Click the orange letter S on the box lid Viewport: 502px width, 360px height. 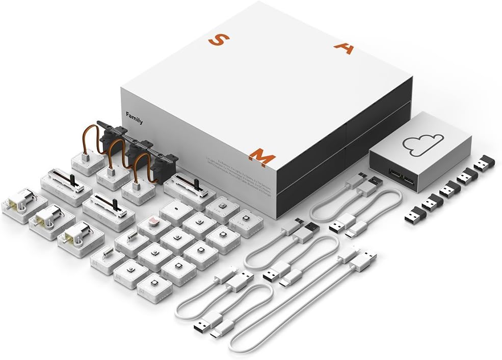(216, 40)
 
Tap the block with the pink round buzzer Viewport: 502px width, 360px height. (153, 221)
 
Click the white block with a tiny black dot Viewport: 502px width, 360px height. (176, 209)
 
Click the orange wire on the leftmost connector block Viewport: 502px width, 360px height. (87, 136)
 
